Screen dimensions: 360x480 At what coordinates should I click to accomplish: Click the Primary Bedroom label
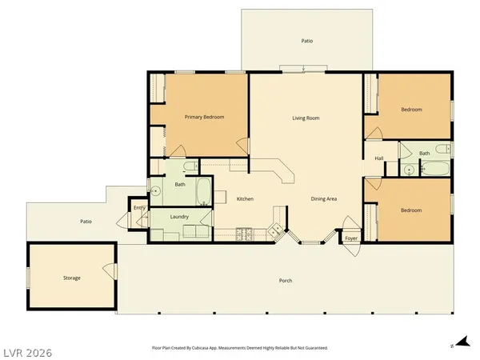click(204, 118)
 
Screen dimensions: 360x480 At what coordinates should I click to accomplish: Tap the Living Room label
click(306, 118)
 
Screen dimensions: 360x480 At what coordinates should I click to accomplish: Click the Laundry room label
click(179, 217)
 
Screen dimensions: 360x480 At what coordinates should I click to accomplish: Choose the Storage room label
click(72, 278)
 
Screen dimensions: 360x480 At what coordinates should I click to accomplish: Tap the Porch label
click(285, 281)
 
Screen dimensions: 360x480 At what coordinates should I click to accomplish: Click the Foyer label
click(351, 238)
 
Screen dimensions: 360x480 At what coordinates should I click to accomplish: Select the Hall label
click(380, 158)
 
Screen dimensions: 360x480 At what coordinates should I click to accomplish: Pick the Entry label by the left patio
click(139, 208)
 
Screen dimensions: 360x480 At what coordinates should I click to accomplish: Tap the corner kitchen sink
click(277, 231)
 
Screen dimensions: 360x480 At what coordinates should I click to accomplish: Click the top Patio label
click(306, 39)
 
